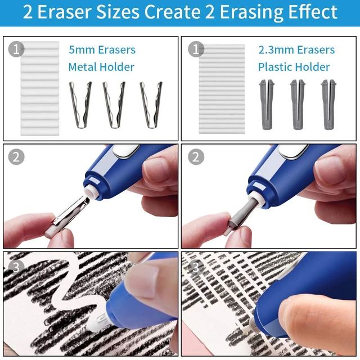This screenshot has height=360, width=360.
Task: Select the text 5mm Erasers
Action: tap(102, 49)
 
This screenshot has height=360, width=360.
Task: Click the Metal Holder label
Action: tap(101, 67)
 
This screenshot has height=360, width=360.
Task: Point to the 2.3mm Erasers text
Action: tap(296, 49)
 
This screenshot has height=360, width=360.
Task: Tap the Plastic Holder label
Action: tap(294, 67)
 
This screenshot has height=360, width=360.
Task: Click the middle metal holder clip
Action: tap(114, 105)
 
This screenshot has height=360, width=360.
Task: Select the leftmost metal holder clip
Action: tap(80, 105)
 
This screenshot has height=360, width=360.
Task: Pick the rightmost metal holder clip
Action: tap(151, 105)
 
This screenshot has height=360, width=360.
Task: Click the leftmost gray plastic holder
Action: tap(267, 105)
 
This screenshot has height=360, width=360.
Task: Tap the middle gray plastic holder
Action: tap(298, 105)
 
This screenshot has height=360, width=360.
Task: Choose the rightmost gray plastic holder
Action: tap(328, 105)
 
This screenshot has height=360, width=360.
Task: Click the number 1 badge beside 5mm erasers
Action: tap(16, 49)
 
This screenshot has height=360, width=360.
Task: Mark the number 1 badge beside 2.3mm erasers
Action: tap(196, 49)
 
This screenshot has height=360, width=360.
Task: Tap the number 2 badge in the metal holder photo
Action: tap(16, 157)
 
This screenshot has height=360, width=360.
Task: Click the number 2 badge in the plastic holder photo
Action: tap(196, 157)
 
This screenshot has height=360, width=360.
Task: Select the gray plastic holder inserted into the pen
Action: tap(244, 211)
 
